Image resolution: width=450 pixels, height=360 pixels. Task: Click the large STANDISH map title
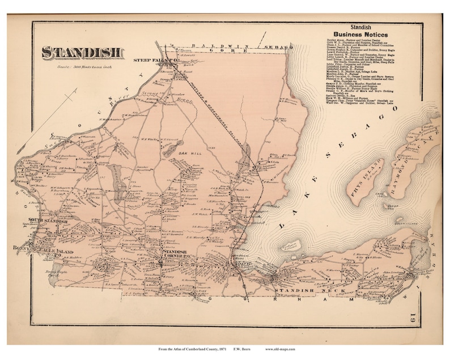pyautogui.click(x=82, y=52)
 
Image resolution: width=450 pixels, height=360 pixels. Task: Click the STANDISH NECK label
pyautogui.click(x=294, y=291)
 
